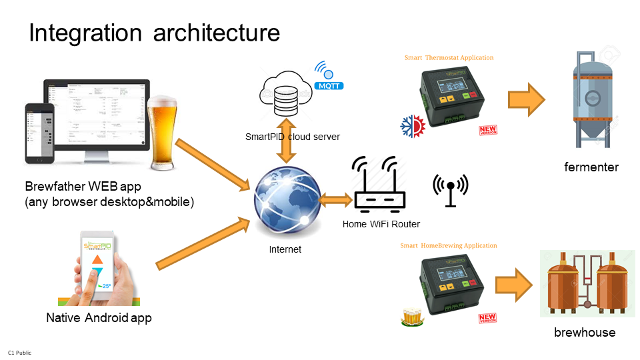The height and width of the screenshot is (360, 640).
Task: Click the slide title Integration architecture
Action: pos(154,33)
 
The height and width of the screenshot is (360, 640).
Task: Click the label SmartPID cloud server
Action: pos(292,137)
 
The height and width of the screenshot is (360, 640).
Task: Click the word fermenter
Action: pos(591,167)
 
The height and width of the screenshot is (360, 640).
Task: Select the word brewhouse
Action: pos(585,332)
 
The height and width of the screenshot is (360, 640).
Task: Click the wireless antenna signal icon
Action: pos(451,189)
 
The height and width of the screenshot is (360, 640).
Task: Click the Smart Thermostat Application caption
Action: pos(449,58)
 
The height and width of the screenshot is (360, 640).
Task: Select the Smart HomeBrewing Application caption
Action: pos(448,246)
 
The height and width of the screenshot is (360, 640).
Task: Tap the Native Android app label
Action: pos(99,317)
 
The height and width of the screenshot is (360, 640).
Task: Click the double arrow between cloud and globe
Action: pos(287,141)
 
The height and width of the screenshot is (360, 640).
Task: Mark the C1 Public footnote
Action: pos(19,352)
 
